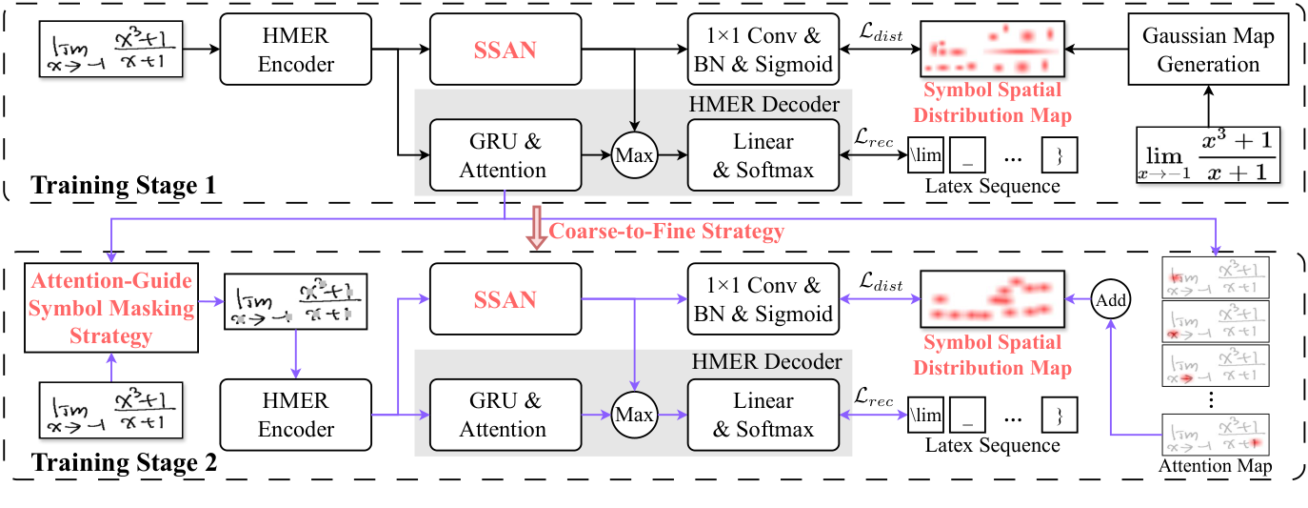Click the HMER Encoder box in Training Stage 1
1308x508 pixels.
(296, 50)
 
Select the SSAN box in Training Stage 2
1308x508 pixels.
(505, 299)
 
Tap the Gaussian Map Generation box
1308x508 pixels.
(1207, 50)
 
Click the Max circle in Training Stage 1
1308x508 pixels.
(635, 155)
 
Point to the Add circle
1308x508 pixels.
(1111, 299)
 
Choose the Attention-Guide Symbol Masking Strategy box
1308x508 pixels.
(111, 309)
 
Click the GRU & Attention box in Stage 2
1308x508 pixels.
(504, 416)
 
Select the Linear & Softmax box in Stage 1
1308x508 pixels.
(763, 155)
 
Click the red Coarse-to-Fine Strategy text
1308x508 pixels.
(666, 232)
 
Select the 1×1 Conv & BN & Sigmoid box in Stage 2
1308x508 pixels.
(763, 299)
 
